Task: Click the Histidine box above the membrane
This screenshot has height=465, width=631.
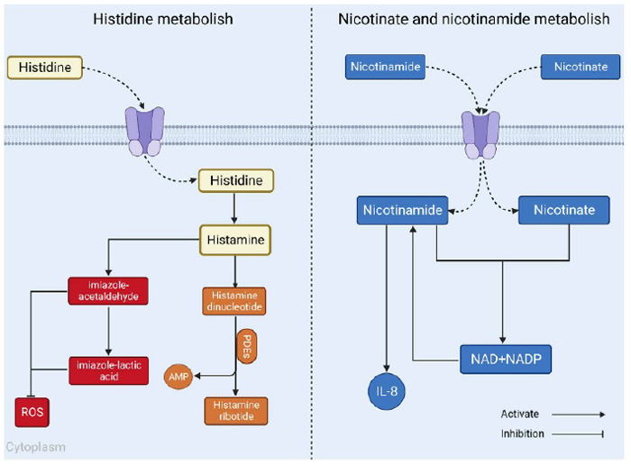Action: click(x=45, y=66)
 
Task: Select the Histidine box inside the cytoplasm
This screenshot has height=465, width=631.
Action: click(x=236, y=181)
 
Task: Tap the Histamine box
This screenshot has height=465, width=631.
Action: click(x=236, y=240)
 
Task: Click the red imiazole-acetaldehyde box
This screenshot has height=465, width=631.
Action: click(x=107, y=293)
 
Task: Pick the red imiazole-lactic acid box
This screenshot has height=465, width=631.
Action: click(x=107, y=369)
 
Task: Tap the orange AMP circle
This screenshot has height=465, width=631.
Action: click(x=177, y=375)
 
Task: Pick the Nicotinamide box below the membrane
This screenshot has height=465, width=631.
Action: click(x=403, y=210)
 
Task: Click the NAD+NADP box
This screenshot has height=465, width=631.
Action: click(x=505, y=358)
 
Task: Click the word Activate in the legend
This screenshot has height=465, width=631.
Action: click(x=520, y=414)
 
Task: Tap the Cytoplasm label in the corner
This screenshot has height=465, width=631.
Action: click(x=36, y=447)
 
